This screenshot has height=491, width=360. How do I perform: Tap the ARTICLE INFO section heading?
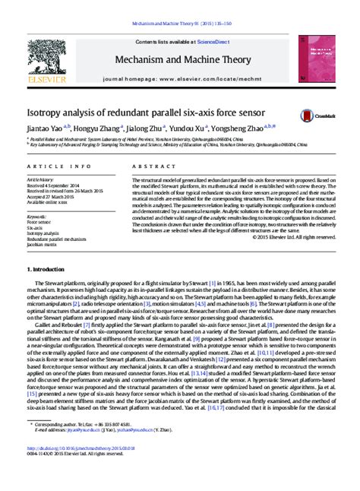coord(49,165)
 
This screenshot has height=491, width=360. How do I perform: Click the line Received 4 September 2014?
coord(55,185)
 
